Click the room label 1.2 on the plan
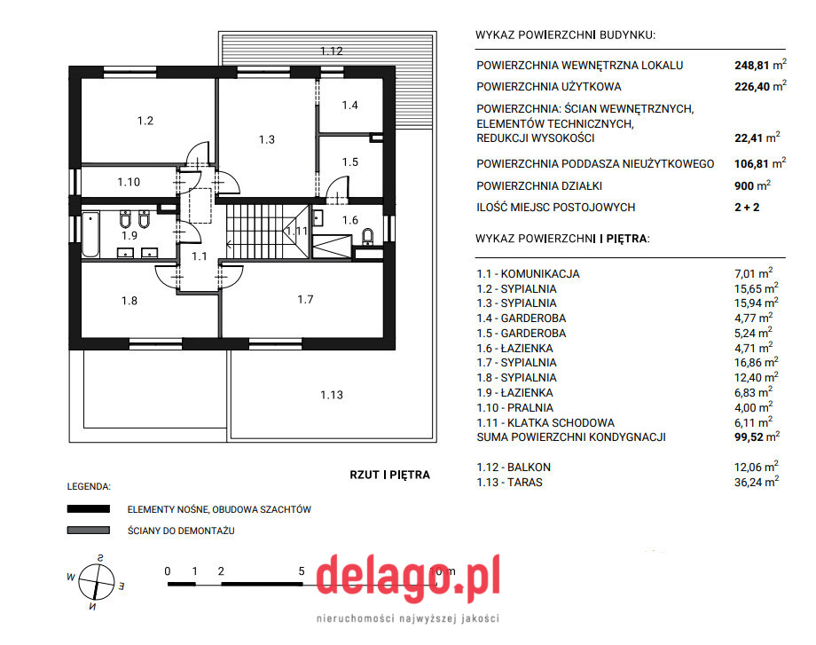click(145, 121)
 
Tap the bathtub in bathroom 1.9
click(90, 234)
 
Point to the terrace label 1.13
click(332, 395)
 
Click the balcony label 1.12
click(332, 51)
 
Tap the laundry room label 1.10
click(129, 182)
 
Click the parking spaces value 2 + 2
click(747, 208)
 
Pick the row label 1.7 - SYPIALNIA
click(516, 362)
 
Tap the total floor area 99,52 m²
click(757, 437)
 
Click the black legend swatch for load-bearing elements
click(89, 508)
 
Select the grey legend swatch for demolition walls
click(89, 530)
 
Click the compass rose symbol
click(97, 582)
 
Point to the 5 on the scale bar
click(302, 571)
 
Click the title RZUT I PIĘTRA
click(389, 475)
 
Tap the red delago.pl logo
click(408, 578)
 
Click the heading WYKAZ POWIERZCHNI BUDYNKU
click(565, 35)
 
